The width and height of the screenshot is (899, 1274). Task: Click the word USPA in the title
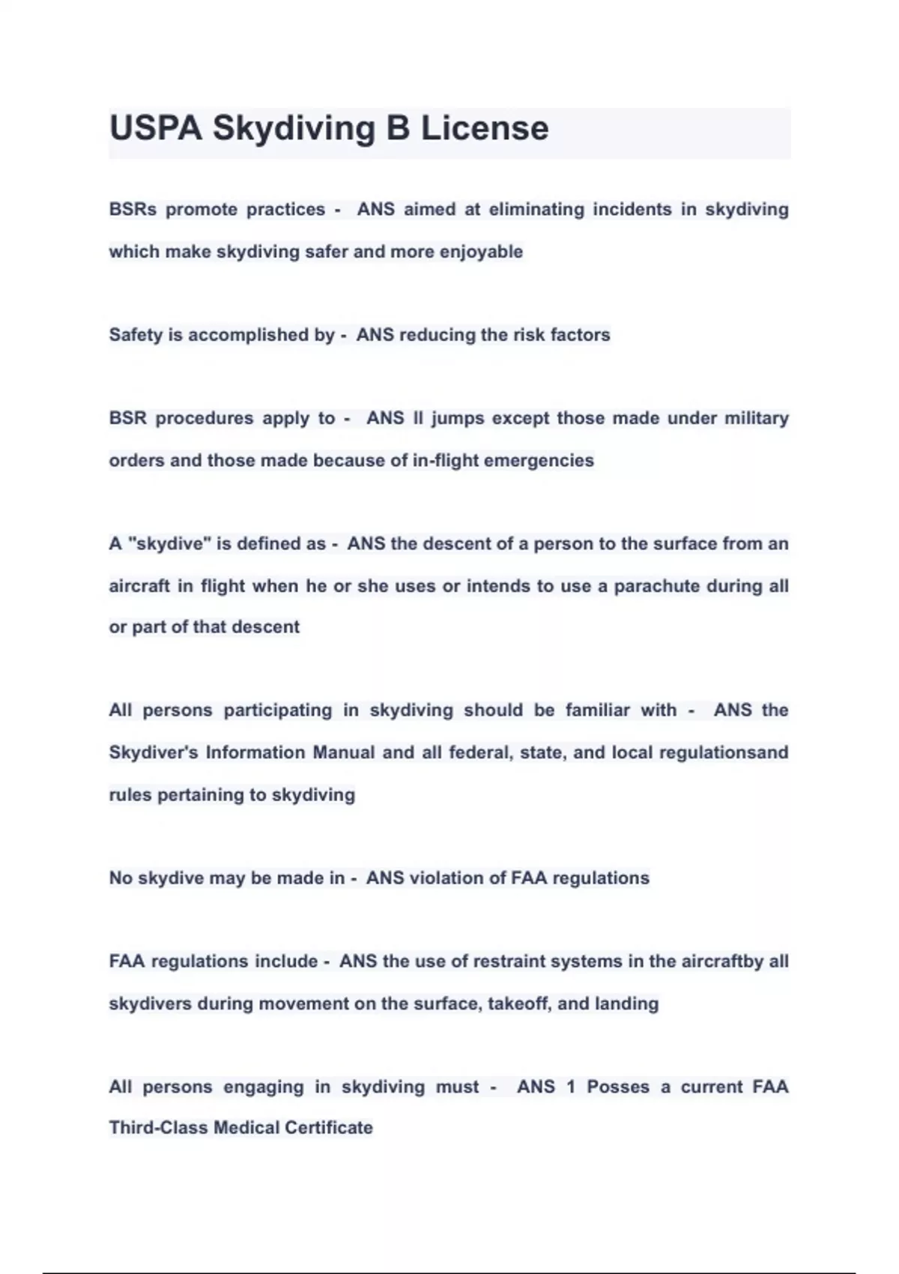(x=156, y=128)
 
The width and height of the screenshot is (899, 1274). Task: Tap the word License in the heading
(x=484, y=128)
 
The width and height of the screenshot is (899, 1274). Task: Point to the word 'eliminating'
(x=536, y=209)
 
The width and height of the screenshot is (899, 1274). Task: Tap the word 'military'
(x=757, y=418)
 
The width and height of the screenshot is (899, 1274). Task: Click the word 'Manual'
(x=343, y=752)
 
